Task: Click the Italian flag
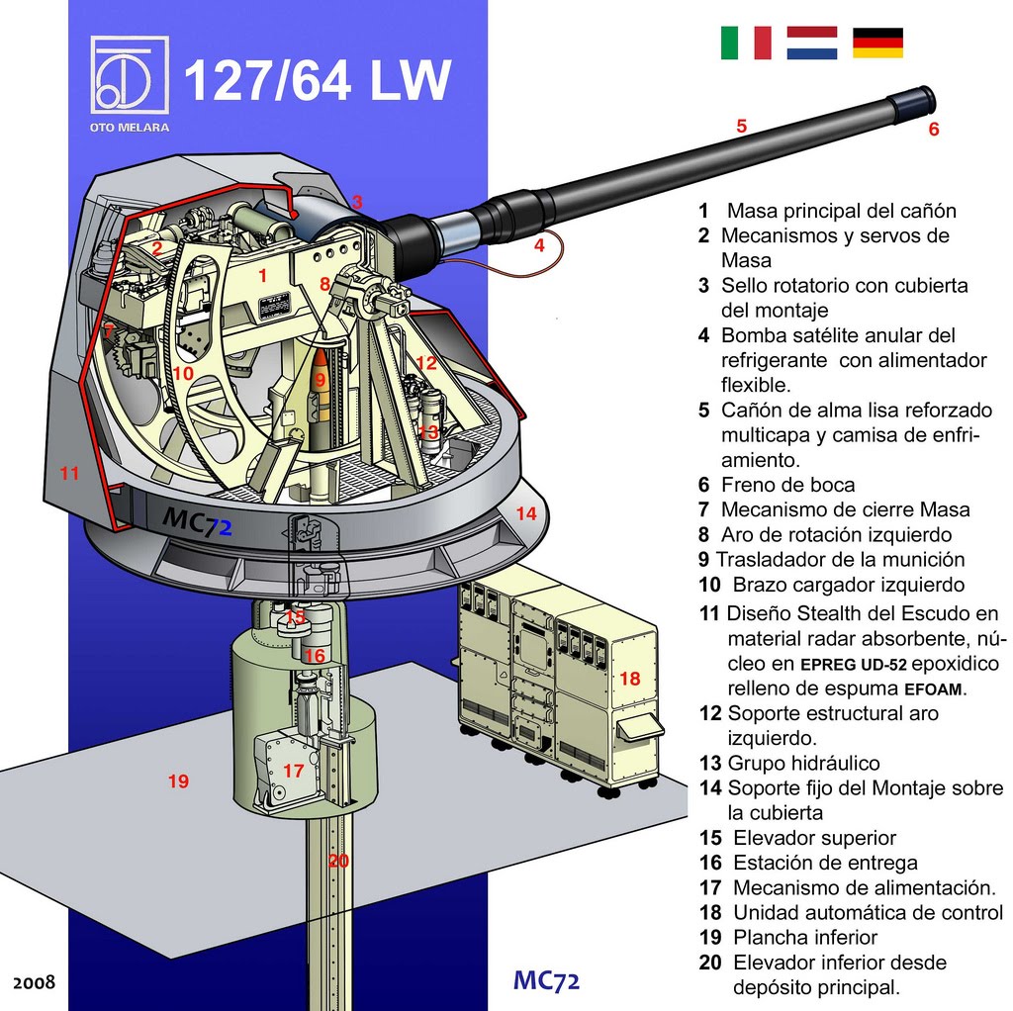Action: point(746,43)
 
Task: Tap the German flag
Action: point(877,43)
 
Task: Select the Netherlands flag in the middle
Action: point(811,43)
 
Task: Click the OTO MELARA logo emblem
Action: point(129,77)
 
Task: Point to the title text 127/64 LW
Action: point(317,81)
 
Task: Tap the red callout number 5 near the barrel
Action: point(741,126)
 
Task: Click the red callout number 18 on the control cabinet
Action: point(630,679)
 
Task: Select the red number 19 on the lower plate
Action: point(178,781)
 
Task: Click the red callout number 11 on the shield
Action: point(69,473)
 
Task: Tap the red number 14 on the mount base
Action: point(526,513)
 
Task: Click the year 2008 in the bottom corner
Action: point(34,983)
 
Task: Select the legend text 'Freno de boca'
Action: point(787,485)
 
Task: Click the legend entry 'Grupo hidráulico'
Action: point(802,763)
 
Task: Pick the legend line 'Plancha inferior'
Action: point(804,937)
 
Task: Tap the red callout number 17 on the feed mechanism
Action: point(293,770)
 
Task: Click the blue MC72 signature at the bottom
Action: point(546,980)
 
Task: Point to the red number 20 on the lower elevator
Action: point(338,861)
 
